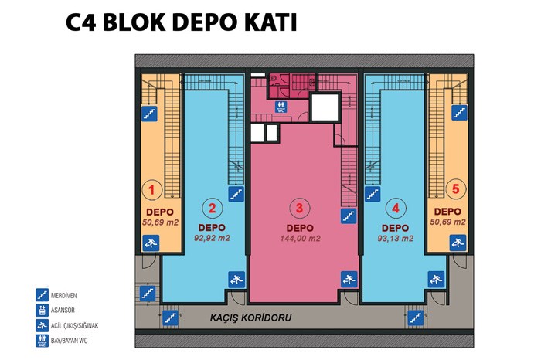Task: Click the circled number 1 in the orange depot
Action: tap(151, 189)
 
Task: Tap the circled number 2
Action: tap(213, 209)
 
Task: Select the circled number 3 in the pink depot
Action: tap(299, 208)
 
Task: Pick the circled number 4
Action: tap(396, 209)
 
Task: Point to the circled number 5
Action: tap(456, 189)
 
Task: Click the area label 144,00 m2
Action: tap(300, 238)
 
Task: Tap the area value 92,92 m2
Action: tap(212, 238)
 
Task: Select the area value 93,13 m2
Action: tap(396, 238)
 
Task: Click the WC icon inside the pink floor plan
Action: tap(281, 107)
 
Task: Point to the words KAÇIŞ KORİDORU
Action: tap(251, 318)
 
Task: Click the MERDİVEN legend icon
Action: tap(42, 295)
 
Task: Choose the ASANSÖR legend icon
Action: tap(42, 310)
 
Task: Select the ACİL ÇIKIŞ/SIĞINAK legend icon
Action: tap(42, 325)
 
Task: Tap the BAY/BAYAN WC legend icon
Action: tap(42, 341)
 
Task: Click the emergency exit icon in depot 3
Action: tap(349, 280)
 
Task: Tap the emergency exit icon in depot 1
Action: tap(151, 243)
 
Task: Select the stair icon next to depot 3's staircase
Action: tap(349, 216)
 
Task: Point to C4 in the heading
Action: tap(80, 22)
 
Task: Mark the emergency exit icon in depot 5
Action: tap(458, 243)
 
